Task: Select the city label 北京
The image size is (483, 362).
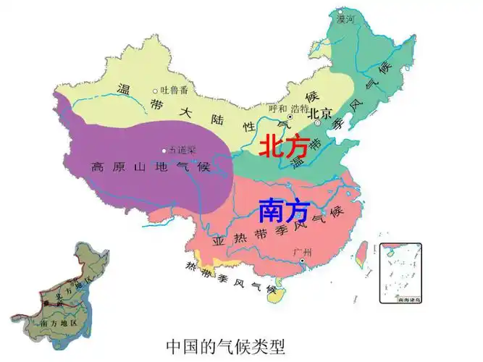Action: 319,113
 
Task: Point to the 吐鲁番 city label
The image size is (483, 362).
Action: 175,90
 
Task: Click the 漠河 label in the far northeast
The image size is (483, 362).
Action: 346,20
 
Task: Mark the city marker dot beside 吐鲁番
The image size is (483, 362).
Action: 155,91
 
